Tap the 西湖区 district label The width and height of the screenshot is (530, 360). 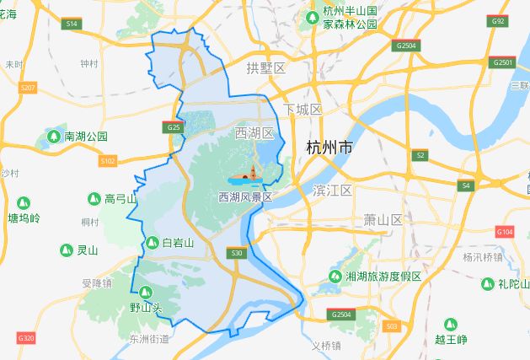254,133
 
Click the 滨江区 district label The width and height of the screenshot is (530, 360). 331,191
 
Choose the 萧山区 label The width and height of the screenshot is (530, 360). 383,219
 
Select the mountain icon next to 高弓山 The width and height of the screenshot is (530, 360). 94,199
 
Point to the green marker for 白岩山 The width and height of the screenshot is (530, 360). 152,243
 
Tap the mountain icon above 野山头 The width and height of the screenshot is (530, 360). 146,293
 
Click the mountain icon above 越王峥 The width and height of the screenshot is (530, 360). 450,324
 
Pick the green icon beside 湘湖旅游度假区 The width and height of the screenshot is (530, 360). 335,277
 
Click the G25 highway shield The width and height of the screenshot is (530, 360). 173,127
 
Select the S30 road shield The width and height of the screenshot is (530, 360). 237,253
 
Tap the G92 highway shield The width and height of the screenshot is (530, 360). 498,21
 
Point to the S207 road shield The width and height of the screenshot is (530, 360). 28,88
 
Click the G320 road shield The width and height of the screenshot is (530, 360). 26,338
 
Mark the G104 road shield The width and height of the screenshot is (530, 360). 505,231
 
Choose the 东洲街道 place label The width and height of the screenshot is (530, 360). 149,339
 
